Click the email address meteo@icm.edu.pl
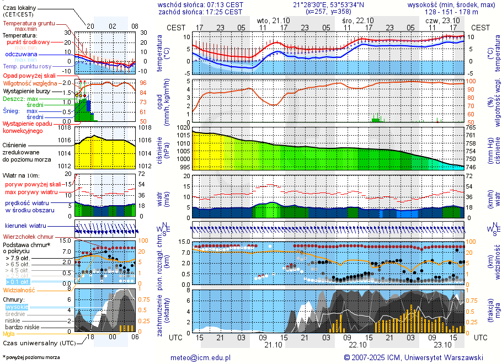(200, 357)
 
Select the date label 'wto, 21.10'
(273, 20)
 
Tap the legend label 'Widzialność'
(19, 290)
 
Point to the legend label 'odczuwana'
(21, 55)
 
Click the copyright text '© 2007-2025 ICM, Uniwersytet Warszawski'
(413, 357)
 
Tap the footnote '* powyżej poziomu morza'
(31, 357)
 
